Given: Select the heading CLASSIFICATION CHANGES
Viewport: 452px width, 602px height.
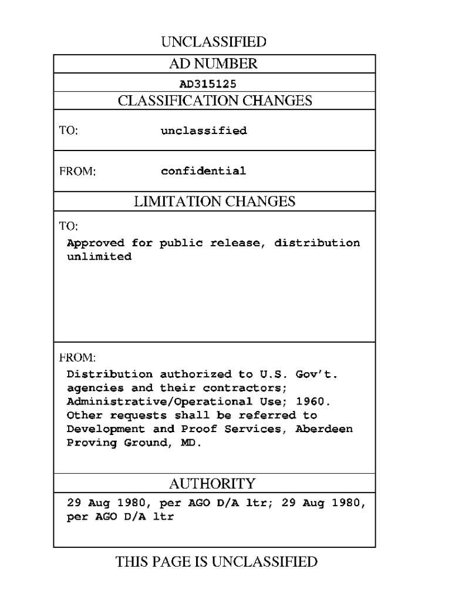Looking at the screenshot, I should point(214,101).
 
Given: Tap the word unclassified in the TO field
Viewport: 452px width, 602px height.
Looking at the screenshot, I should point(204,131).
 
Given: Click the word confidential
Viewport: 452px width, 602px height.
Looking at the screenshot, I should point(204,172).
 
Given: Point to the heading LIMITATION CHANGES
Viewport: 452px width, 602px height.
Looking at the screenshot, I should point(214,202).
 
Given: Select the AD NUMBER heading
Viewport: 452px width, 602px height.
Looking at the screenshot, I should point(214,63).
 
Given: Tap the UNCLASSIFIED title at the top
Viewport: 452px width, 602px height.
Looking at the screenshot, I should point(214,42).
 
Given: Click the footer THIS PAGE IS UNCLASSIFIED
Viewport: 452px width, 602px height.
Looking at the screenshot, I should point(217,562).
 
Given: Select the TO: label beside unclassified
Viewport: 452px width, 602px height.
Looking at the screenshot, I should point(68,131).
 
